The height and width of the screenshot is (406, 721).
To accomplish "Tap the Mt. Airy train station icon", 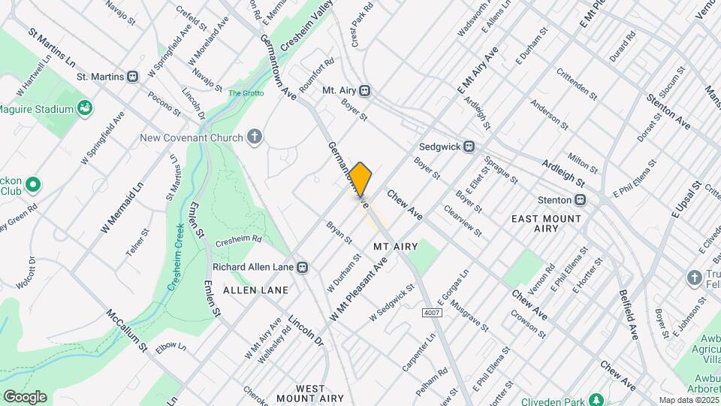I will point(365,90).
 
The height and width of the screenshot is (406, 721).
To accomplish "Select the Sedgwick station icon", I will point(469,147).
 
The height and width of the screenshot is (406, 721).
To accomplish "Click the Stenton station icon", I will point(581,200).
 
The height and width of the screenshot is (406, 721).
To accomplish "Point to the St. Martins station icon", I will point(133,76).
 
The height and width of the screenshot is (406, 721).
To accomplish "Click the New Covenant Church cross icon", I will point(255,137).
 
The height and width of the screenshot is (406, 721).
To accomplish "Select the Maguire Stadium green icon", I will point(85,109).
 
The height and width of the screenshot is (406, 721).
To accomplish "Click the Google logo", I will point(25,396).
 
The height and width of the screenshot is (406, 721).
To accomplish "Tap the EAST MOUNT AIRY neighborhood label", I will point(546,225).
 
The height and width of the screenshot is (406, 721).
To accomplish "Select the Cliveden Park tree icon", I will point(596,398).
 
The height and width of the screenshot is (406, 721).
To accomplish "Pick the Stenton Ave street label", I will point(669,111).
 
